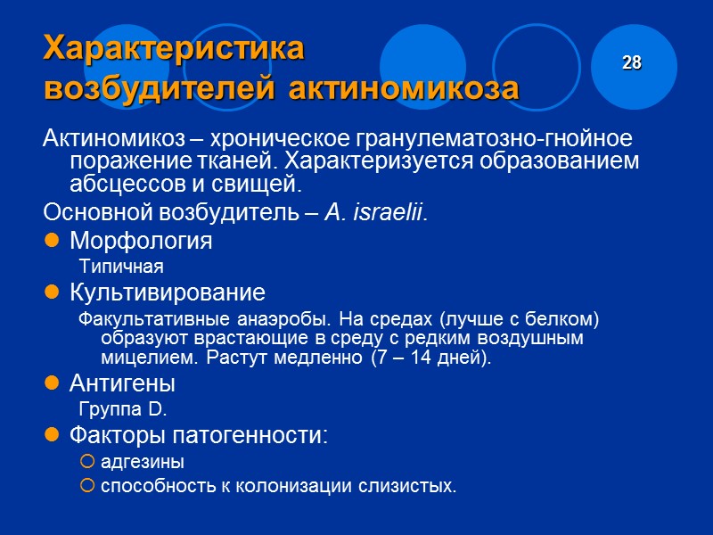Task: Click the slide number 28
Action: coord(632,63)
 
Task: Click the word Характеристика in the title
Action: coord(174,49)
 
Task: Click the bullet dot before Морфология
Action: coord(53,242)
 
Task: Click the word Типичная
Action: coord(121,266)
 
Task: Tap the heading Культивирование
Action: coord(167,292)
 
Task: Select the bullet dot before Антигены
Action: coord(53,384)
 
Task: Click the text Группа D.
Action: coord(123,409)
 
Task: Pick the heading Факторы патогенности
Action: coord(198,435)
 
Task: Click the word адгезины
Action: coord(143,462)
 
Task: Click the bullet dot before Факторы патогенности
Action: coord(53,435)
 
